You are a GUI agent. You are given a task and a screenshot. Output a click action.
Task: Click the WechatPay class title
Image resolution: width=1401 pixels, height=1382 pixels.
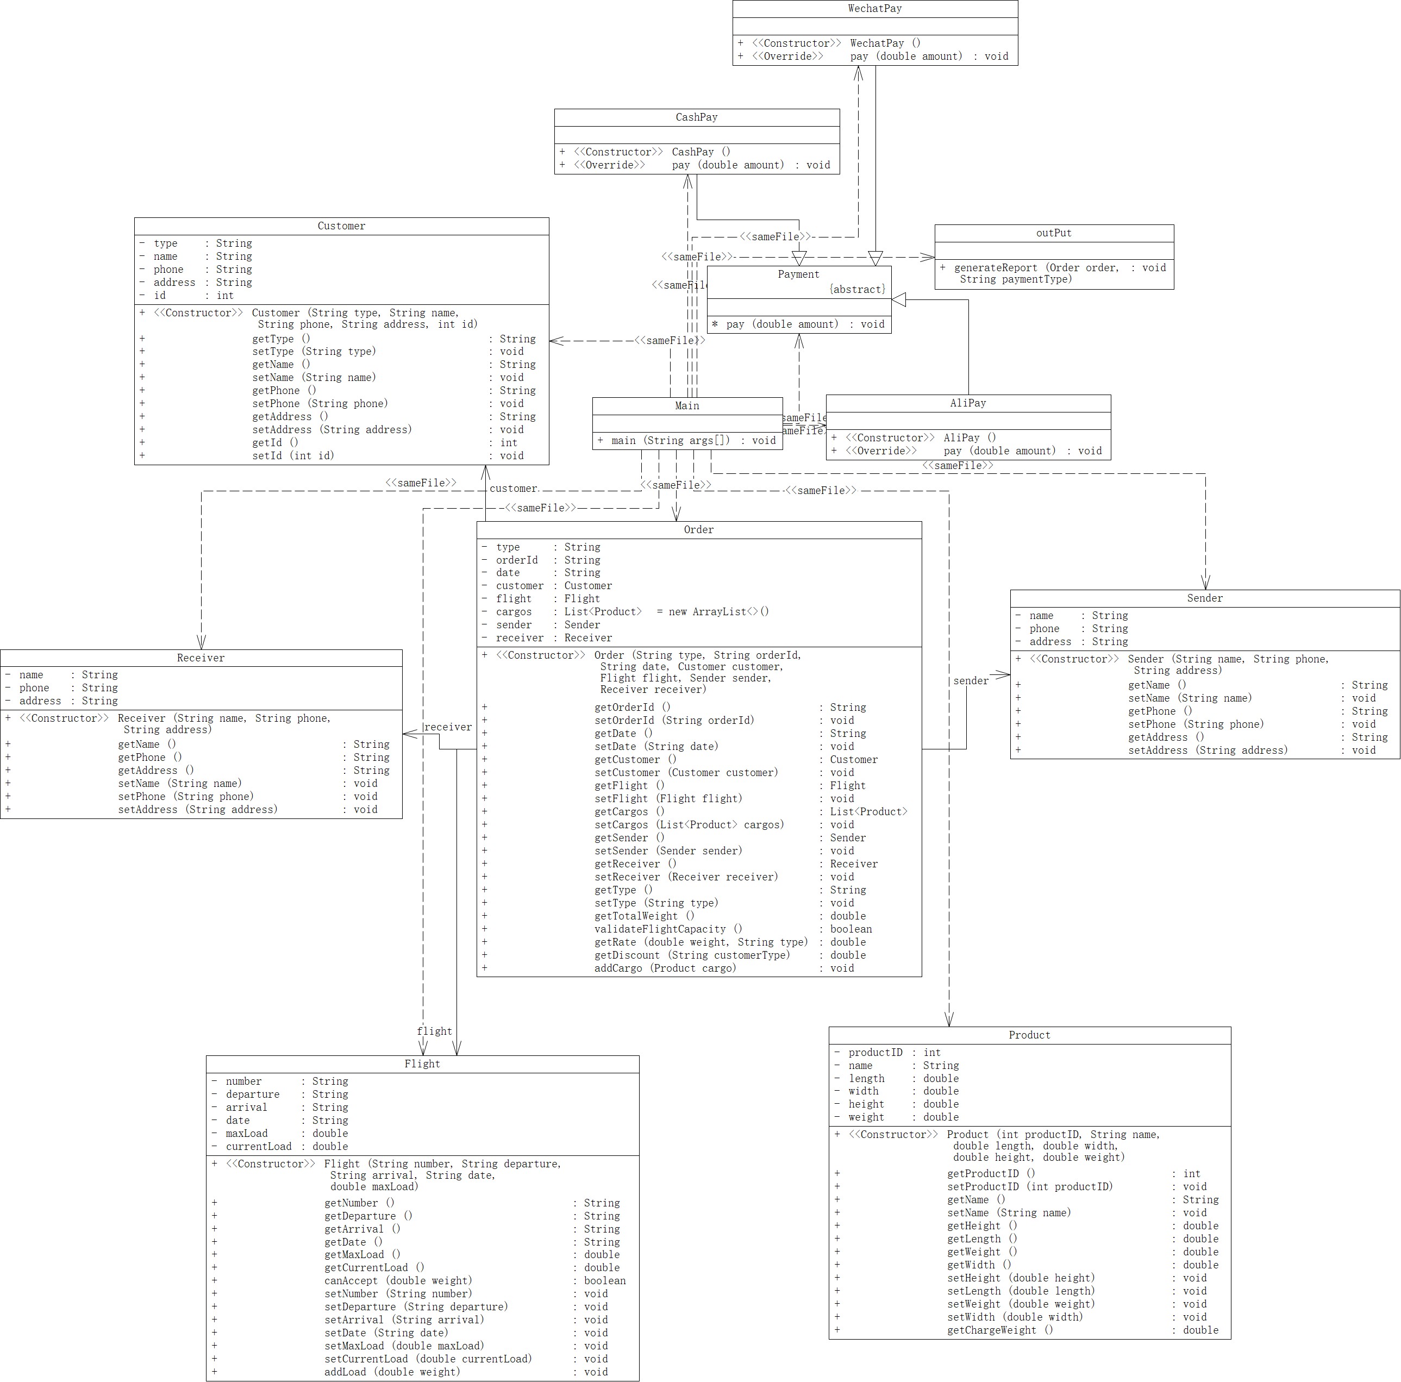874,9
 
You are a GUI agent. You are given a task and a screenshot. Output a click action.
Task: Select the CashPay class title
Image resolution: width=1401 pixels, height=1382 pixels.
696,117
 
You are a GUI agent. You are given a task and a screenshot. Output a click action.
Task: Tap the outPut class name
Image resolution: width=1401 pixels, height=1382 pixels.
1053,234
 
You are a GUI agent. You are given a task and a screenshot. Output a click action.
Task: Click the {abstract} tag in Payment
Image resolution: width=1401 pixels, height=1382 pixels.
858,289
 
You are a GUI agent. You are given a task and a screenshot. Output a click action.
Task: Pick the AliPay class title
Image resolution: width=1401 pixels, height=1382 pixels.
967,403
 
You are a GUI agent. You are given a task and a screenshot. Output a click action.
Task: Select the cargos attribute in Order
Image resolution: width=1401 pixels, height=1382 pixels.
514,612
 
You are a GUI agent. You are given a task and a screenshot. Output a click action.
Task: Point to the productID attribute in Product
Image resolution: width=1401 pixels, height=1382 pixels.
875,1053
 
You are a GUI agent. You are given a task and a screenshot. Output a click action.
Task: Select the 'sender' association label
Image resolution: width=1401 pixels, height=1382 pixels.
970,681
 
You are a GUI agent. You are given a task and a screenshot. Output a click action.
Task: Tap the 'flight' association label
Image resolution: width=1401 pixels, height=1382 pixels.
434,1031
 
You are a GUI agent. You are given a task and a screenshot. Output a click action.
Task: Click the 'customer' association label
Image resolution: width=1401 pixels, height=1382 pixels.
512,489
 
